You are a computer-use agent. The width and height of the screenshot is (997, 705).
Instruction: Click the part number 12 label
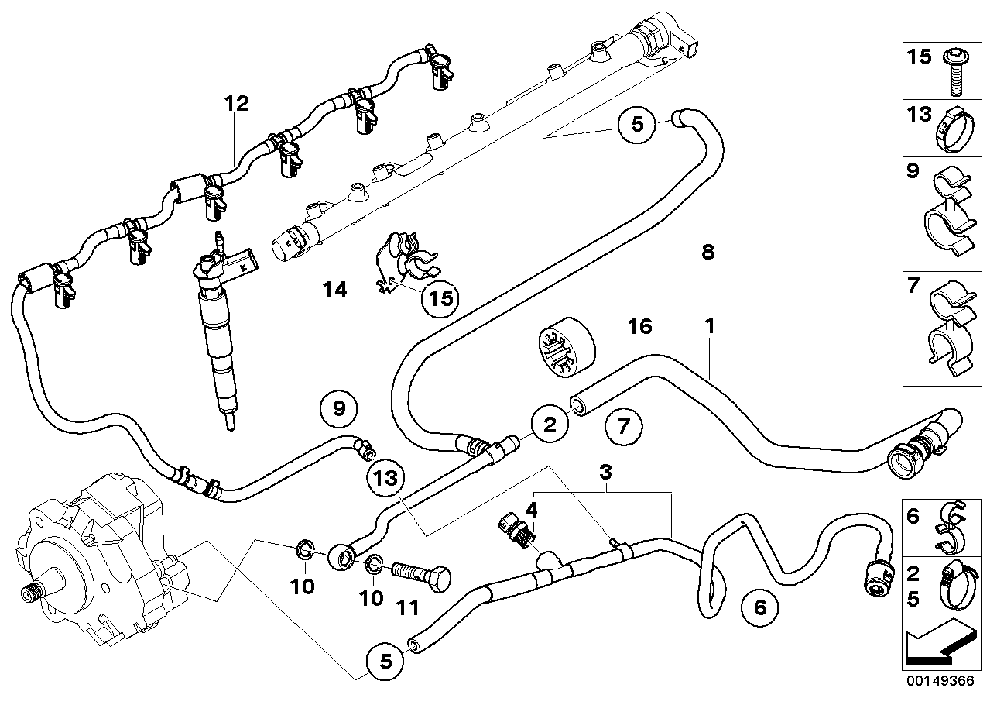click(x=238, y=104)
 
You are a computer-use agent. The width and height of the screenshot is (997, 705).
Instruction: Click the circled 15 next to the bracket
click(x=439, y=297)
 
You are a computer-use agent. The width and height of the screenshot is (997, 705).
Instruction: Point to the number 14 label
click(x=335, y=290)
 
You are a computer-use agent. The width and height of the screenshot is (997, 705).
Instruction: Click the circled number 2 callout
click(x=550, y=425)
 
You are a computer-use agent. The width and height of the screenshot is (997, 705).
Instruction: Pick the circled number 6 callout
click(x=759, y=608)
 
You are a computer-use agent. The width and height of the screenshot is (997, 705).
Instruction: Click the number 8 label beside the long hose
click(x=707, y=253)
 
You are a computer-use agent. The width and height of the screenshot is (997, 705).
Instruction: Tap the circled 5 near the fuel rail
click(x=637, y=125)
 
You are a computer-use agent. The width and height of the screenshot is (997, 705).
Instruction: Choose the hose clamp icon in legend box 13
click(x=954, y=129)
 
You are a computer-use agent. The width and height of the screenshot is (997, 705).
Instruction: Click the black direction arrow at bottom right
click(x=937, y=645)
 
